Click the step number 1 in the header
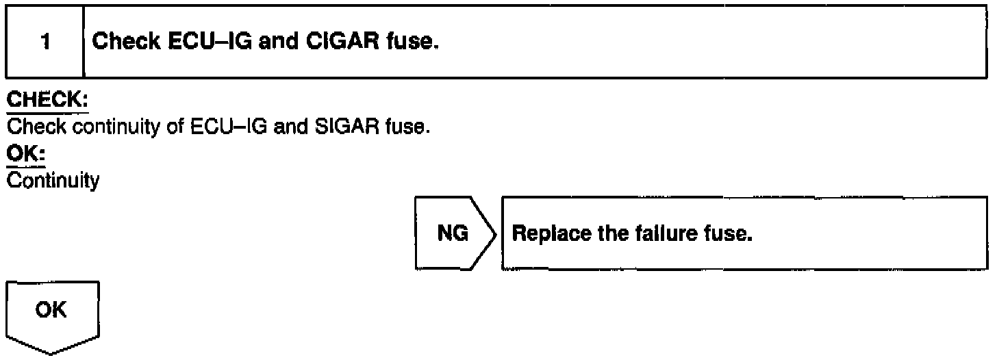pyautogui.click(x=45, y=43)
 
